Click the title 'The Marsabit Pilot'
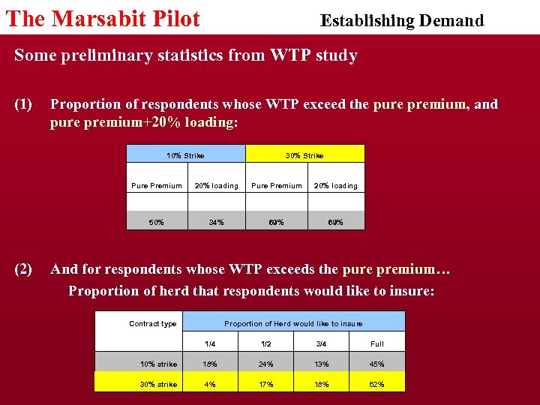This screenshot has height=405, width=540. [x=103, y=19]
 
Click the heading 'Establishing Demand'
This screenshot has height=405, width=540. [x=402, y=20]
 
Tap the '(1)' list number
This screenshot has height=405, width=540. [x=23, y=104]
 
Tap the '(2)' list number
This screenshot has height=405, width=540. [x=23, y=269]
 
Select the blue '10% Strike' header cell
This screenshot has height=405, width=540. [x=185, y=155]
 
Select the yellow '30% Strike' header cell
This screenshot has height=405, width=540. [x=304, y=155]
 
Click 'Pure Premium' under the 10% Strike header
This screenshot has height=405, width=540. [x=157, y=185]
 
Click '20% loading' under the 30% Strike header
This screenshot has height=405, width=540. [x=335, y=185]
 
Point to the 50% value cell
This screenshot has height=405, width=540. [x=157, y=222]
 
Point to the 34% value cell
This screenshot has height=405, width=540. [x=216, y=222]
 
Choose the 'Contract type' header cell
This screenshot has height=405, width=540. [x=153, y=323]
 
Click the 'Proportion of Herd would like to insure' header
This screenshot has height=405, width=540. [x=293, y=323]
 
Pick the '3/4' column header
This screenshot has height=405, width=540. [x=321, y=343]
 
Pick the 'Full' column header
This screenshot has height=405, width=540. [x=376, y=343]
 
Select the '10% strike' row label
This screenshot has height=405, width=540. [x=159, y=364]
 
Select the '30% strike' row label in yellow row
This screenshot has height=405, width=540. [x=159, y=384]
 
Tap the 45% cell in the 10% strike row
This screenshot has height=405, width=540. [x=376, y=364]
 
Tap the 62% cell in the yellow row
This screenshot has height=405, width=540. [x=376, y=384]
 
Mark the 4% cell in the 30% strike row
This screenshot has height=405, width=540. [x=211, y=384]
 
